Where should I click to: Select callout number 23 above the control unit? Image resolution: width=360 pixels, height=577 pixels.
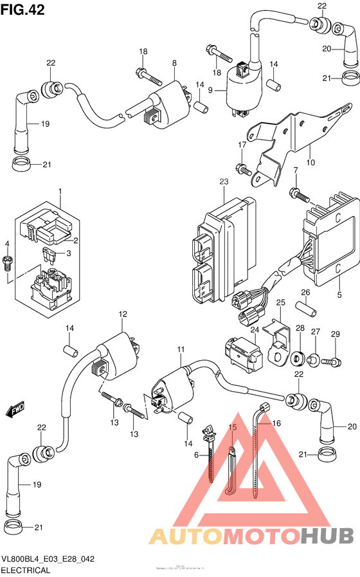pyautogui.click(x=223, y=183)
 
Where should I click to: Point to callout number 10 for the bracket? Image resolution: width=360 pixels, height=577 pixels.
pyautogui.click(x=310, y=162)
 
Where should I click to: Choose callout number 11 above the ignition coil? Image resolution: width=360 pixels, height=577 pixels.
pyautogui.click(x=181, y=349)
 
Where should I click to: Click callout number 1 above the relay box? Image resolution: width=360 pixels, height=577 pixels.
pyautogui.click(x=60, y=192)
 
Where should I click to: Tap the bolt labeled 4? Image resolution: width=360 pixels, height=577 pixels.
pyautogui.click(x=8, y=262)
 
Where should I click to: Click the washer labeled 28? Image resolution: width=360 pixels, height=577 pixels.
pyautogui.click(x=298, y=357)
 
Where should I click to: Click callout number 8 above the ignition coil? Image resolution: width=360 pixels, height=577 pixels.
pyautogui.click(x=174, y=62)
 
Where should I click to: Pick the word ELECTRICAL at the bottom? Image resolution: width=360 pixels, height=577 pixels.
pyautogui.click(x=26, y=570)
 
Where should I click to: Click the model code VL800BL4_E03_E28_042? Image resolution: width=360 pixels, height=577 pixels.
pyautogui.click(x=48, y=559)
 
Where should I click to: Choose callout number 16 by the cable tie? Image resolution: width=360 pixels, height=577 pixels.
pyautogui.click(x=277, y=424)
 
